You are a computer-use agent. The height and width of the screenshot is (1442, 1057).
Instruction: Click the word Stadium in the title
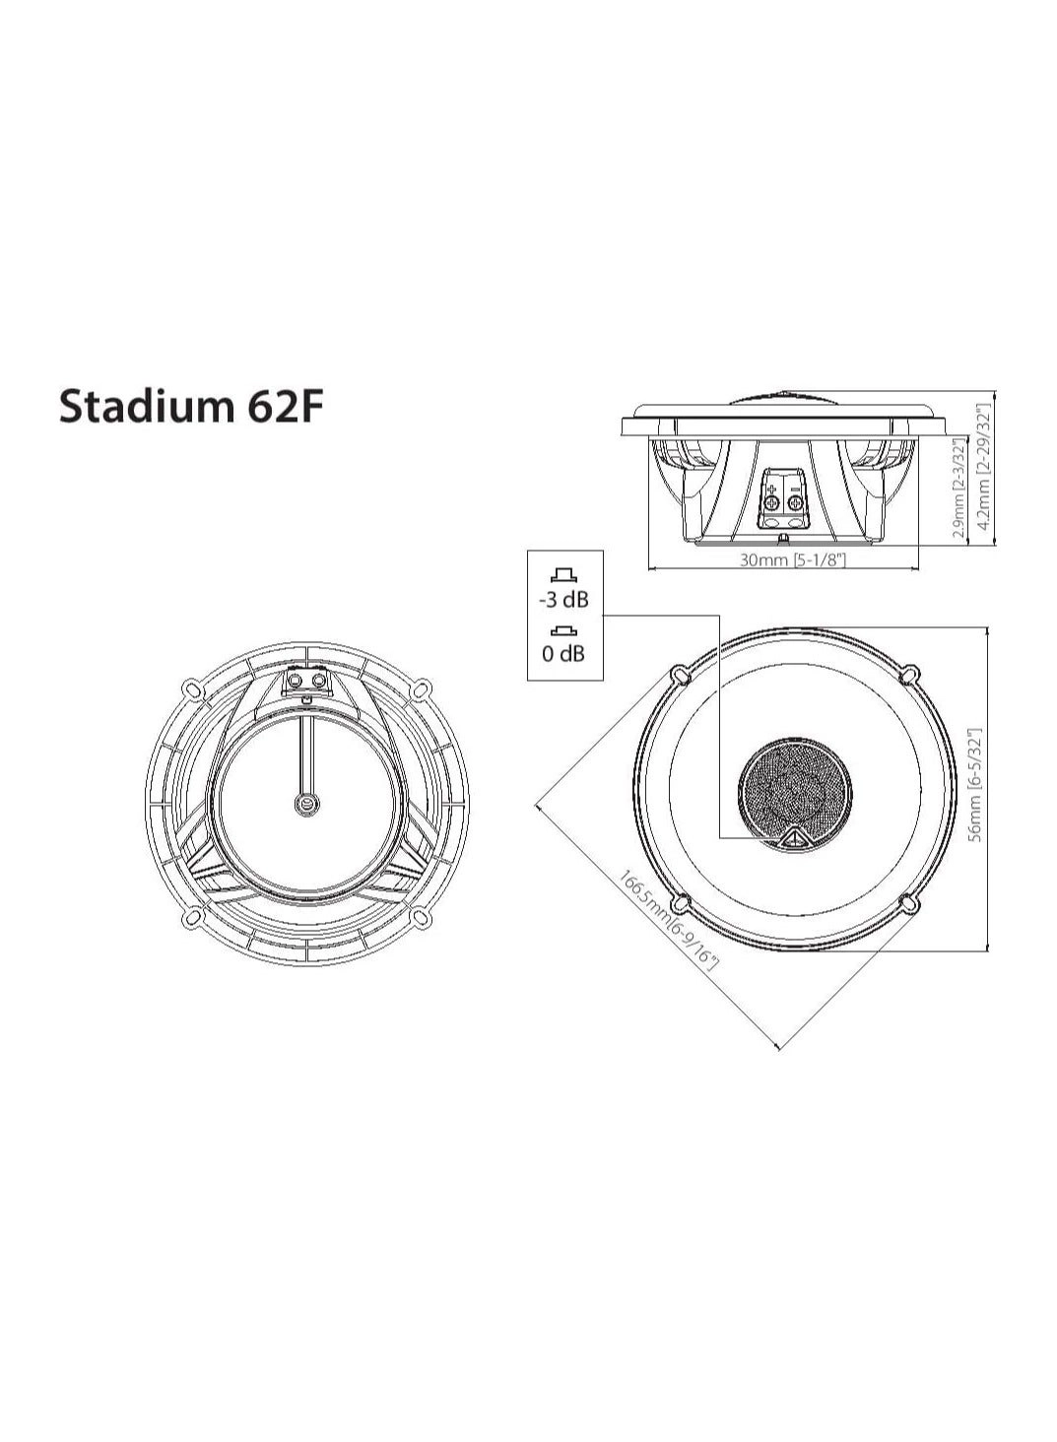pyautogui.click(x=142, y=406)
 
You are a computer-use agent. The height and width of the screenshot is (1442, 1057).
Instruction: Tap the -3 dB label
pyautogui.click(x=562, y=600)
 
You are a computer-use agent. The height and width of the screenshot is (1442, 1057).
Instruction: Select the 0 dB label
pyautogui.click(x=562, y=653)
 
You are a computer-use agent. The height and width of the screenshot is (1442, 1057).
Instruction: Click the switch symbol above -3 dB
pyautogui.click(x=562, y=576)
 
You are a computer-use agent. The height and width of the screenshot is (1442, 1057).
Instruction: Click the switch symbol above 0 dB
pyautogui.click(x=562, y=630)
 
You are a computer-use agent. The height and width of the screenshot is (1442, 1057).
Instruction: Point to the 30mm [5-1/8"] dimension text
pyautogui.click(x=792, y=560)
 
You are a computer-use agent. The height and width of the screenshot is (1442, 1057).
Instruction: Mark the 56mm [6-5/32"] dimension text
pyautogui.click(x=974, y=785)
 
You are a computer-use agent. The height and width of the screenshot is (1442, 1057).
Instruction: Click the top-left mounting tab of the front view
pyautogui.click(x=678, y=675)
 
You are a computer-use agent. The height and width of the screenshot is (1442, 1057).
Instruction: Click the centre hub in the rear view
pyautogui.click(x=307, y=804)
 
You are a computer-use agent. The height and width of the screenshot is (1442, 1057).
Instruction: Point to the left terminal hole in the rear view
pyautogui.click(x=295, y=682)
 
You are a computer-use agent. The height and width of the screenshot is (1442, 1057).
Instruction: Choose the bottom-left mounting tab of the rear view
pyautogui.click(x=192, y=918)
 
